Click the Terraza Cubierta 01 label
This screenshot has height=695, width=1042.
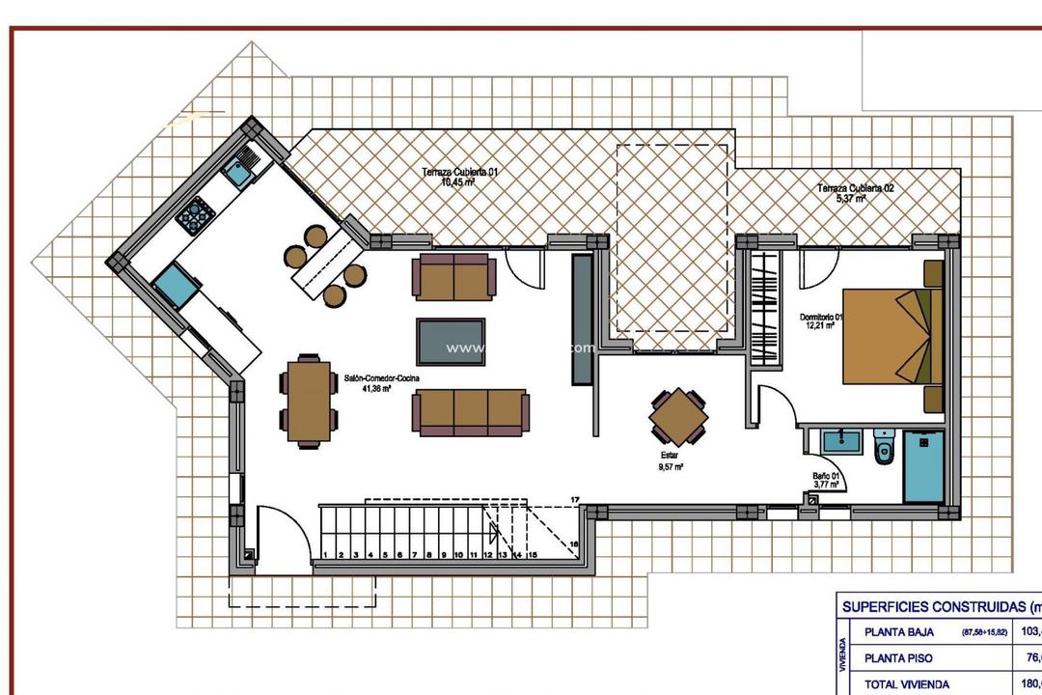(460, 176)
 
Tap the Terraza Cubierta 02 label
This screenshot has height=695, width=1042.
(855, 192)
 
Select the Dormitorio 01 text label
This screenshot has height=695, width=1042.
(821, 321)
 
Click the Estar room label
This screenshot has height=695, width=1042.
(670, 459)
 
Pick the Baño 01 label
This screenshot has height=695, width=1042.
(827, 480)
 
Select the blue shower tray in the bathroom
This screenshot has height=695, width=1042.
(923, 466)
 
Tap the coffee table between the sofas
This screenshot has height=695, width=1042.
(451, 341)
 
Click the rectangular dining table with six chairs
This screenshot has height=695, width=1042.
(310, 401)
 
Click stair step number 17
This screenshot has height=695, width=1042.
(575, 499)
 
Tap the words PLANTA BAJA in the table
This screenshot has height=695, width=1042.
(898, 632)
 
